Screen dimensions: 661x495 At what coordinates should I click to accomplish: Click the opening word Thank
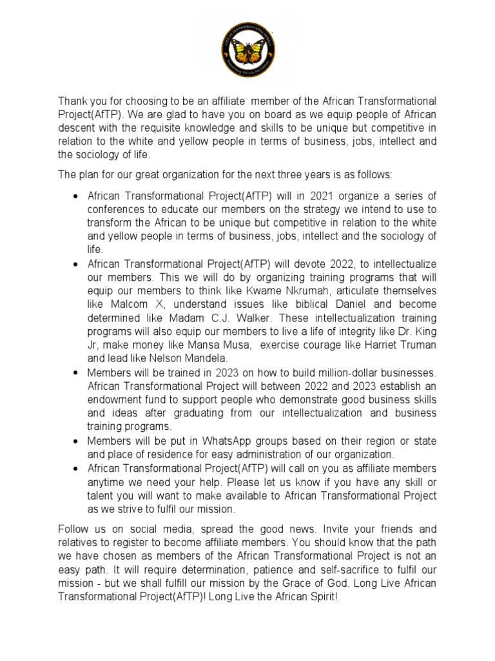click(73, 101)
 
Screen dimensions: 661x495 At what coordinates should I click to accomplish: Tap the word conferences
click(116, 209)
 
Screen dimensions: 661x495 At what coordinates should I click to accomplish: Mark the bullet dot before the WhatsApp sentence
click(76, 440)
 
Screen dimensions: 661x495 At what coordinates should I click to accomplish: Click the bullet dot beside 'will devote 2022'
click(76, 264)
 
